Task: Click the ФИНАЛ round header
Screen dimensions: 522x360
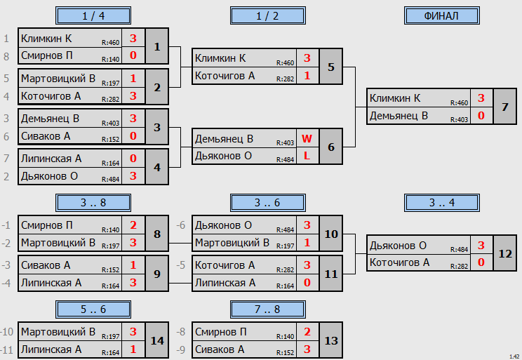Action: (x=442, y=15)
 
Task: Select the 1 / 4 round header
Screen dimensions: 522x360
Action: (x=93, y=15)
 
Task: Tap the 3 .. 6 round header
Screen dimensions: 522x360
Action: (x=267, y=203)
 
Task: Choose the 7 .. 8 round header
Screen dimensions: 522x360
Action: (x=267, y=309)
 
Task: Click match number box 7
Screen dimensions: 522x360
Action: (x=504, y=107)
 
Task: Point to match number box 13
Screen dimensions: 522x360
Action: (x=331, y=340)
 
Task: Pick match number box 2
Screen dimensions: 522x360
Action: (x=157, y=87)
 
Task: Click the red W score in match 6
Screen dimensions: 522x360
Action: (x=307, y=138)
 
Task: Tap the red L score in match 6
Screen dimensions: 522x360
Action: (x=307, y=156)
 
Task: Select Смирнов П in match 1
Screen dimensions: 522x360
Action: (x=46, y=55)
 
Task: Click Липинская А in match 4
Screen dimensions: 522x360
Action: (x=51, y=159)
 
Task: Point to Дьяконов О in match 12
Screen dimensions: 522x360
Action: (x=398, y=246)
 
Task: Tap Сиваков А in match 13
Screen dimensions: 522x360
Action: (x=220, y=349)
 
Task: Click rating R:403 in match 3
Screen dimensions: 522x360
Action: (x=111, y=124)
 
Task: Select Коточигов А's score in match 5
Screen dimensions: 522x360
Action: (x=307, y=76)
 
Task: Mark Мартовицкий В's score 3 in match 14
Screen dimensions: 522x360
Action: (x=133, y=332)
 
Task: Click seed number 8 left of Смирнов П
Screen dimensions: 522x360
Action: (x=6, y=56)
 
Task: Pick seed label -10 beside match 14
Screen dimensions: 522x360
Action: (x=7, y=332)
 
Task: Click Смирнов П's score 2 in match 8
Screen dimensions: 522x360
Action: (x=133, y=225)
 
